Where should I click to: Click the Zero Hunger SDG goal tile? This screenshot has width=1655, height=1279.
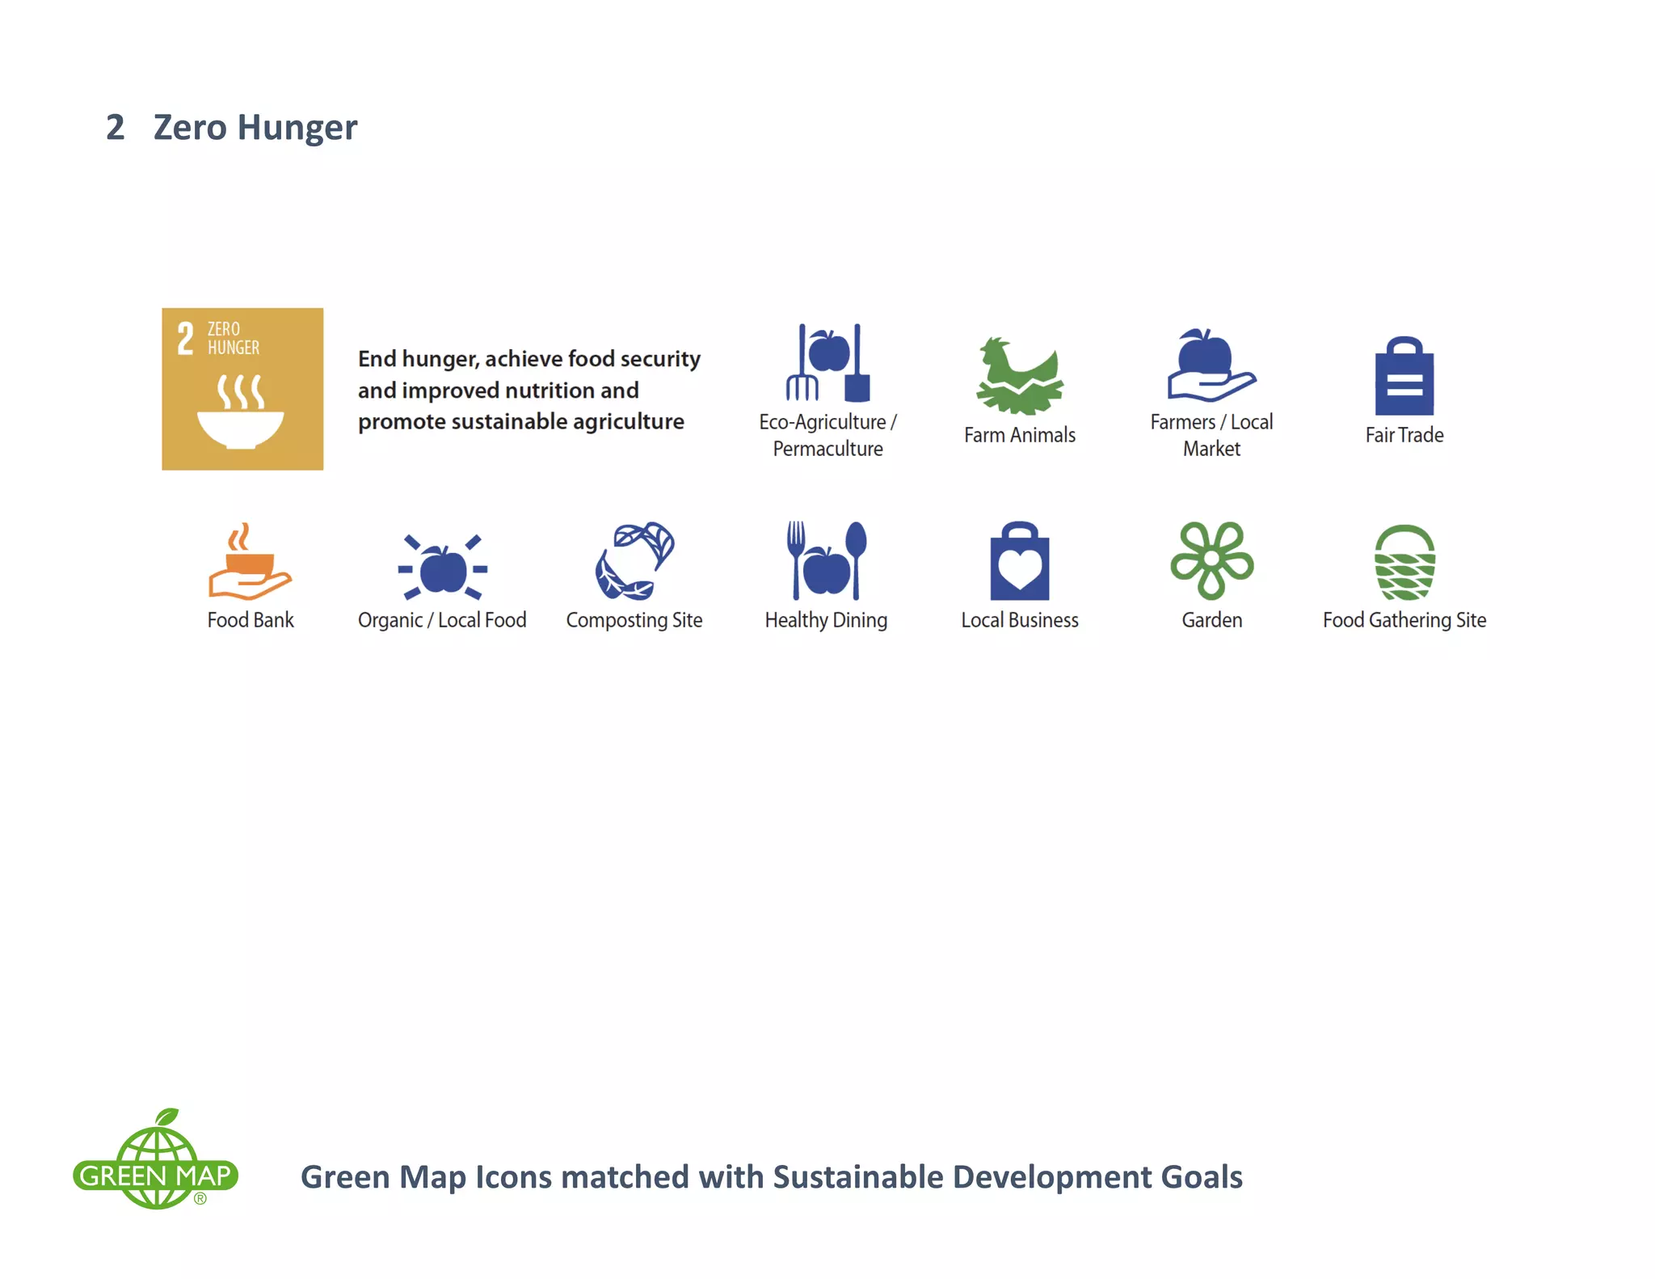coord(242,389)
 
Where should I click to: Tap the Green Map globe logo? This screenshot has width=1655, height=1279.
coord(156,1161)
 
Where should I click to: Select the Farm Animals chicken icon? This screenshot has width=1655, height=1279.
coord(1019,376)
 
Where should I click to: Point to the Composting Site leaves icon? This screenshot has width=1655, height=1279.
coord(634,561)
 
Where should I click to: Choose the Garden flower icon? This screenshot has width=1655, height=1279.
coord(1211,559)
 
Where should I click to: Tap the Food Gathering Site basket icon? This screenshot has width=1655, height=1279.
coord(1404,563)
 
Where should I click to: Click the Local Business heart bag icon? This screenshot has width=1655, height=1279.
coord(1019,561)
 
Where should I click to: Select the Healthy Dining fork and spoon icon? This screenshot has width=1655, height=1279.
coord(826,561)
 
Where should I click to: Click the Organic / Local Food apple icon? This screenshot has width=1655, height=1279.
coord(442,568)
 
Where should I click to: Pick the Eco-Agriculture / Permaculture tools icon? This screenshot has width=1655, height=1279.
coord(827,364)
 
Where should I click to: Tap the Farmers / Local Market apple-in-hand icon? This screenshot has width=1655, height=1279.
coord(1211,365)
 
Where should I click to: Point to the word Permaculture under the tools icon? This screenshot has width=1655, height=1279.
coord(827,449)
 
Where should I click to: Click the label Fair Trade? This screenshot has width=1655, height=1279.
coord(1404,435)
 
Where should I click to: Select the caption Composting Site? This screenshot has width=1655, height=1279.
coord(634,620)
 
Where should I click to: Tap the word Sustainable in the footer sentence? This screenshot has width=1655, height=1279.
coord(857,1177)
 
